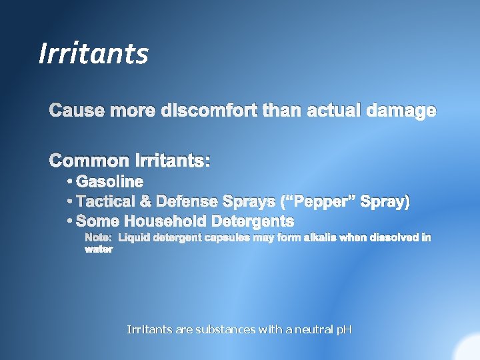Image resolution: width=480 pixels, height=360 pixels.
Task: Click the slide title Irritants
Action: tap(93, 53)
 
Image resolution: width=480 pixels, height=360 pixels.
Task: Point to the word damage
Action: tap(401, 111)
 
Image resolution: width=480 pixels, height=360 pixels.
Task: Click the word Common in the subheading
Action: tap(90, 161)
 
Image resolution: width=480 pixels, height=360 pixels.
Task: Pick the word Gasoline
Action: tap(110, 181)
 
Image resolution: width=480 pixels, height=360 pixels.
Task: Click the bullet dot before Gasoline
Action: tap(70, 181)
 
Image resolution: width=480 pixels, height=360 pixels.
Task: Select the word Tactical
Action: tap(105, 201)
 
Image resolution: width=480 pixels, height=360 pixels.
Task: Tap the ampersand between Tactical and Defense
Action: tap(145, 201)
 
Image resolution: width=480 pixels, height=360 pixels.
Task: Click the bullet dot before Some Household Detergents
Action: tap(70, 221)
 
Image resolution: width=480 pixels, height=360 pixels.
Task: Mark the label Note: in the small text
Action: tap(98, 237)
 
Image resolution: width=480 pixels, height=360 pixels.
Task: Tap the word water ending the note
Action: tap(99, 249)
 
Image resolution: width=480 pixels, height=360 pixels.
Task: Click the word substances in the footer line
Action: tap(224, 329)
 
